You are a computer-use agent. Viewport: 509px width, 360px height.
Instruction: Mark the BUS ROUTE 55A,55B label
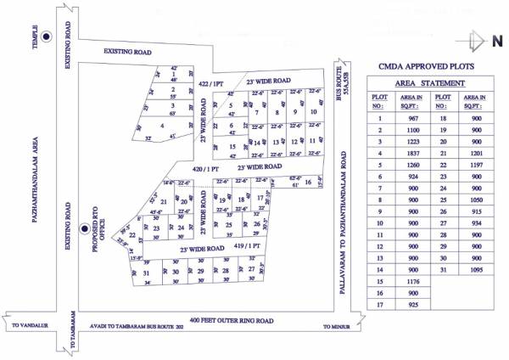tap(345, 82)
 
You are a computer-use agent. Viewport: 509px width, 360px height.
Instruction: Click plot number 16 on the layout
tap(308, 182)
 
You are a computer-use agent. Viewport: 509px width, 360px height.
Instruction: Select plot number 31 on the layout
tap(147, 272)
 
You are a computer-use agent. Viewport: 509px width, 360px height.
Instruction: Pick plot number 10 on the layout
tap(314, 112)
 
